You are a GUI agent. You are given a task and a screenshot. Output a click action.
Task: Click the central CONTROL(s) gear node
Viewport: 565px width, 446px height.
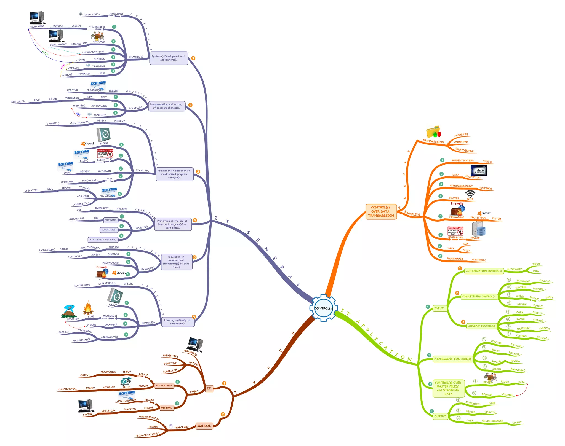(323, 308)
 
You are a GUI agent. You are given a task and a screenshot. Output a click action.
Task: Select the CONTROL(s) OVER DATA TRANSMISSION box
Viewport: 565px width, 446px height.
(381, 211)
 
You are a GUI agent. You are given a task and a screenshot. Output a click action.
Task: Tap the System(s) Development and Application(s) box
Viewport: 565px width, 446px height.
(169, 58)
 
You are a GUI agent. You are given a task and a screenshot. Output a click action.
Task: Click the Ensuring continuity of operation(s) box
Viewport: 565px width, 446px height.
(177, 322)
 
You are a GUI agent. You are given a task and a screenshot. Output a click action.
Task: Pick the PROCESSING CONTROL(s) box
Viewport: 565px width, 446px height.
(452, 359)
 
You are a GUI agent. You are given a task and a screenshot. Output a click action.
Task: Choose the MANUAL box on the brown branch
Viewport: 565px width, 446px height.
(204, 426)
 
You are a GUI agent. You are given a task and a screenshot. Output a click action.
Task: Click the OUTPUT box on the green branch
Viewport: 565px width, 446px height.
(440, 416)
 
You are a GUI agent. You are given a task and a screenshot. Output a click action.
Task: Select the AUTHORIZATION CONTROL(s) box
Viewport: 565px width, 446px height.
(484, 271)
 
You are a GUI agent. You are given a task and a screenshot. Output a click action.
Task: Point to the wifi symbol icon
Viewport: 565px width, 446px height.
(470, 194)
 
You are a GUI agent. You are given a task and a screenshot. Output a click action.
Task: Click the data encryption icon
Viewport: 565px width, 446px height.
(479, 171)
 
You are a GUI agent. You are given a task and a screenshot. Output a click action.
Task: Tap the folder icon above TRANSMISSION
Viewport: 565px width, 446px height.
(433, 132)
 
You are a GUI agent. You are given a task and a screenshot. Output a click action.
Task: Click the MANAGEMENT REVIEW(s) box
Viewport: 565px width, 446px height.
(103, 240)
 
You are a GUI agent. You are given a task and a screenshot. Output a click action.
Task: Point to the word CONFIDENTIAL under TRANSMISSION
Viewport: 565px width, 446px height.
(465, 150)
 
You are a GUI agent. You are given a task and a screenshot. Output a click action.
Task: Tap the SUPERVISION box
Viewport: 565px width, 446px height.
(109, 230)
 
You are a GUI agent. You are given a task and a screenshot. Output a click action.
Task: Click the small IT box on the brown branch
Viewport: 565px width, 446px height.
(209, 388)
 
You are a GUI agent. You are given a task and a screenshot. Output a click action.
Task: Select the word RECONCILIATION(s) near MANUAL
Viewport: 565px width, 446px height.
(147, 435)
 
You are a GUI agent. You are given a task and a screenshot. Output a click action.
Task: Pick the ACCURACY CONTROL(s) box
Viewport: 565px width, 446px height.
(481, 326)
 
